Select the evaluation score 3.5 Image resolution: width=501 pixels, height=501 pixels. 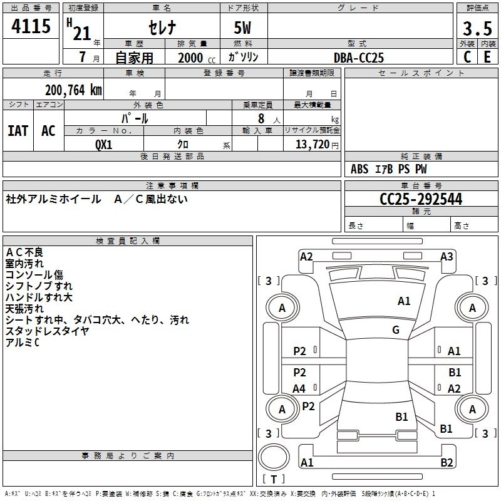477,28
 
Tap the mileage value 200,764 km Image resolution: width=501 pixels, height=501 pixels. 73,90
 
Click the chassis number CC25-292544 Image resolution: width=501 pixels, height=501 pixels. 421,199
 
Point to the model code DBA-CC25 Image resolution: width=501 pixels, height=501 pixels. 359,58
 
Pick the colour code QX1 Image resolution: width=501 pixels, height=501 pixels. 104,144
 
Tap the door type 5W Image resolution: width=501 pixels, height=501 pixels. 243,28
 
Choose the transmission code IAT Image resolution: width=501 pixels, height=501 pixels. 18,131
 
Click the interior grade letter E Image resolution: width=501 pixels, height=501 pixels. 487,57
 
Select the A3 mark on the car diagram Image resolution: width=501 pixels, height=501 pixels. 447,256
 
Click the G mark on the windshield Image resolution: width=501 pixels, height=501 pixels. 396,330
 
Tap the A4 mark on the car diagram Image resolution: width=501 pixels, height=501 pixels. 299,389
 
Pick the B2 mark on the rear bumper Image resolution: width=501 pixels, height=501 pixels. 447,463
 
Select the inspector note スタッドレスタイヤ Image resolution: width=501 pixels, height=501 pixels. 48,331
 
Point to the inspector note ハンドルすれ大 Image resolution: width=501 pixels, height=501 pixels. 39,297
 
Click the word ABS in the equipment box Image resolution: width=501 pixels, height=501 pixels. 359,169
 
